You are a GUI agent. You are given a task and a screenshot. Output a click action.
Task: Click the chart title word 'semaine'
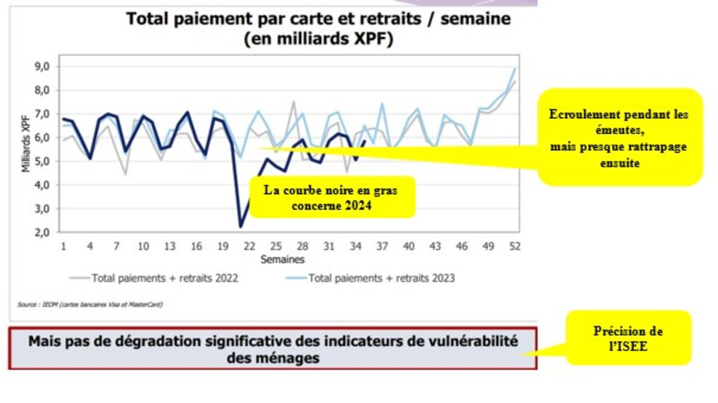pyautogui.click(x=476, y=19)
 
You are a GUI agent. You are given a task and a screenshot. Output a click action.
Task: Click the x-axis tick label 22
pyautogui.click(x=249, y=246)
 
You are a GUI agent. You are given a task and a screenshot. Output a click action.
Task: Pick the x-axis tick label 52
pyautogui.click(x=515, y=246)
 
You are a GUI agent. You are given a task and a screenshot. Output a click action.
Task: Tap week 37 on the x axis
pyautogui.click(x=382, y=246)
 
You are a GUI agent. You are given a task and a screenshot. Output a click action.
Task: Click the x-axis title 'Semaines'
pyautogui.click(x=282, y=260)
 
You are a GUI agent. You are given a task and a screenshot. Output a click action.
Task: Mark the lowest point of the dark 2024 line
pyautogui.click(x=241, y=227)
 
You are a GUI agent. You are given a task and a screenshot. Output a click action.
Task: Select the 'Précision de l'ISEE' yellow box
pyautogui.click(x=628, y=338)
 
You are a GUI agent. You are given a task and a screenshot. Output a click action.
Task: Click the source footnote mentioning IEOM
pyautogui.click(x=90, y=305)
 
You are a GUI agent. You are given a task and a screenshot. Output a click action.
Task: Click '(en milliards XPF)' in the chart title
pyautogui.click(x=319, y=39)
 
